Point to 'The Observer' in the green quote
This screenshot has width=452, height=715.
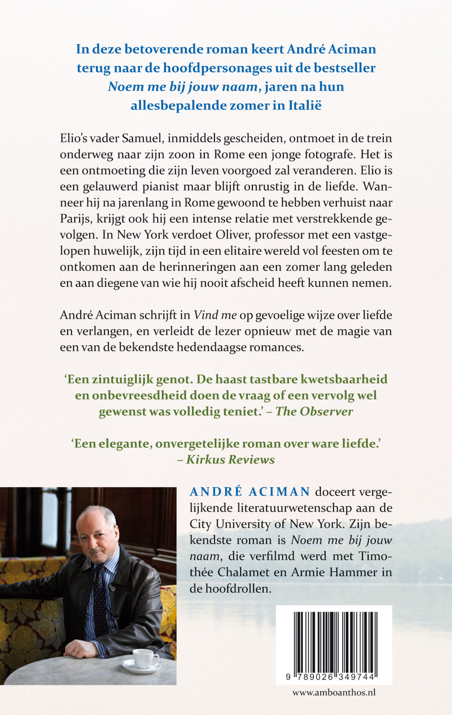[x=314, y=411]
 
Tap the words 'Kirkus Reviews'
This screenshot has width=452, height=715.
[x=230, y=459]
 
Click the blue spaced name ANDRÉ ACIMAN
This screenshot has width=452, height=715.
[x=250, y=492]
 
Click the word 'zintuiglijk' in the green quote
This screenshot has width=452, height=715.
[x=123, y=379]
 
